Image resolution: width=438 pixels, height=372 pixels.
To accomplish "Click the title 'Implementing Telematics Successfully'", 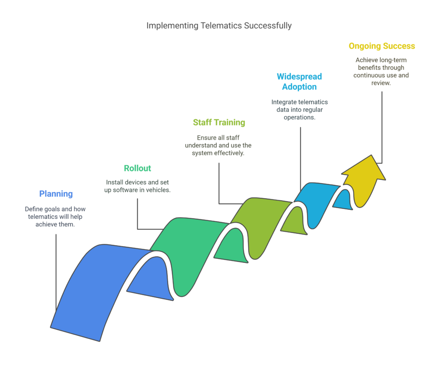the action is click(219, 26).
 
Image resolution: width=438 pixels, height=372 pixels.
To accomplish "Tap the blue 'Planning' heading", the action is click(56, 193).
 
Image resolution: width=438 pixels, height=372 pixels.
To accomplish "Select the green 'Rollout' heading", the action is click(137, 168).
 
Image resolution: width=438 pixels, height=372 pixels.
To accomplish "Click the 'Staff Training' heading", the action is click(219, 122).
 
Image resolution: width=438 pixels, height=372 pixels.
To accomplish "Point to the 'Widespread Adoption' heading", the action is click(299, 82).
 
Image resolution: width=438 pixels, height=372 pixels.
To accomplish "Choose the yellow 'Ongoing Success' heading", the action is click(382, 46).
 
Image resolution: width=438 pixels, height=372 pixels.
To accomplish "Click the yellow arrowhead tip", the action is click(372, 155).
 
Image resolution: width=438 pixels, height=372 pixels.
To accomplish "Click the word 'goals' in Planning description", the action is click(52, 209).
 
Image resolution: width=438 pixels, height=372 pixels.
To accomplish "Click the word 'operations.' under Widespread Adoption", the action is click(299, 117).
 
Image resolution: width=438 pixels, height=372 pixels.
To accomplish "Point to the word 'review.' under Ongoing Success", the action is click(381, 83).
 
